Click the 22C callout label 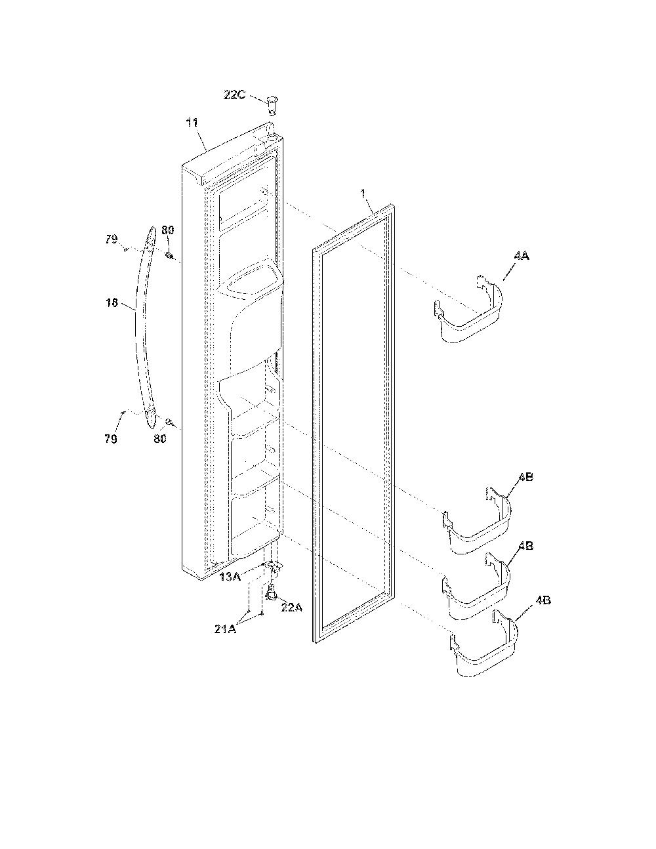click(x=234, y=94)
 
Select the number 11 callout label click(x=192, y=123)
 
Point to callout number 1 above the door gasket click(x=363, y=194)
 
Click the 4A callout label click(x=522, y=256)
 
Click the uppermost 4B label click(x=525, y=477)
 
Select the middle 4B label click(x=525, y=545)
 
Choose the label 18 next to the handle click(x=112, y=302)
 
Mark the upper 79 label click(x=112, y=239)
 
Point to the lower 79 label click(x=111, y=439)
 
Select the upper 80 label click(x=167, y=230)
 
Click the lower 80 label click(x=159, y=438)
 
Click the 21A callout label click(x=225, y=629)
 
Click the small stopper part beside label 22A click(x=271, y=594)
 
